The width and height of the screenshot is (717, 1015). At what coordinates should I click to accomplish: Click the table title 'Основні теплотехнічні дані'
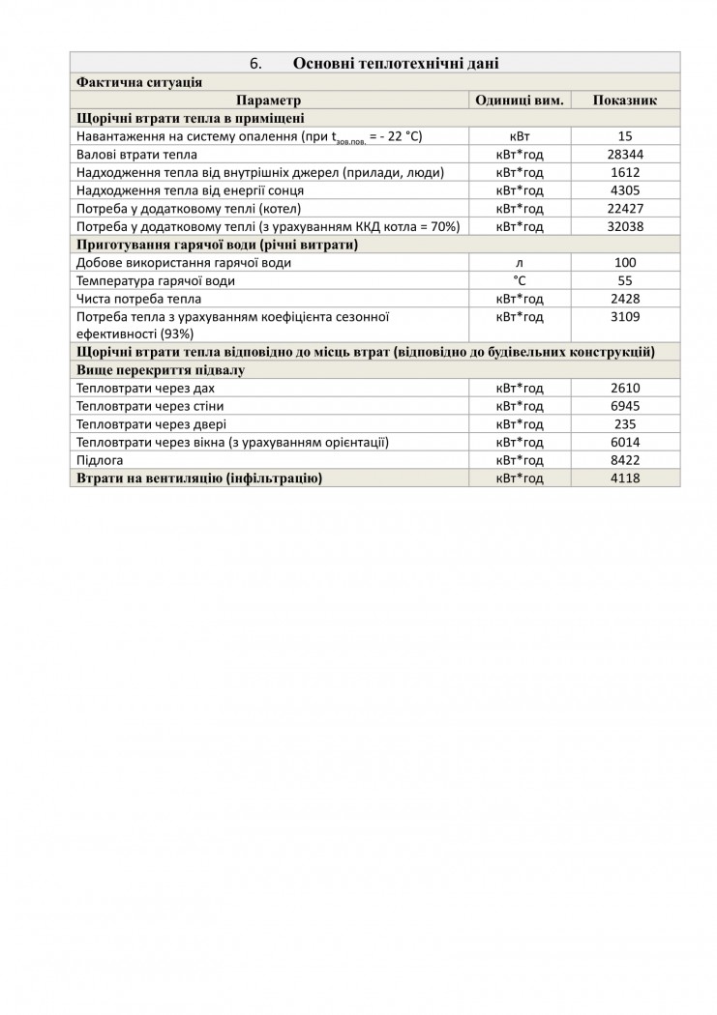click(396, 64)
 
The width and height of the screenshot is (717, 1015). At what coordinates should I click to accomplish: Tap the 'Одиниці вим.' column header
click(520, 101)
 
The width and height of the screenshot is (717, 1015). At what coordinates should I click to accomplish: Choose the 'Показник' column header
click(624, 101)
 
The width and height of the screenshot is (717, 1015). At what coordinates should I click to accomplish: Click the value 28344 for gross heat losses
click(624, 155)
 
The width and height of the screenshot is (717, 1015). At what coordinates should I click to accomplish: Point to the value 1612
click(624, 173)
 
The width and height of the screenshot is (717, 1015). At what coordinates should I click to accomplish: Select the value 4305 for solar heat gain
click(624, 190)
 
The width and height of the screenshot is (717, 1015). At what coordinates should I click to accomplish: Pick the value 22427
click(624, 209)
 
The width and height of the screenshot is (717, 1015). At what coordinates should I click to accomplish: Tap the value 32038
click(624, 226)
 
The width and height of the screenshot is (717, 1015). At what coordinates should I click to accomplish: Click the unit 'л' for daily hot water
click(520, 263)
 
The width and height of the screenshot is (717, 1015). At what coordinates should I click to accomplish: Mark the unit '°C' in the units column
click(520, 281)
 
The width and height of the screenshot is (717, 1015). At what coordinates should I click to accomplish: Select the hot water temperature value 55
click(624, 281)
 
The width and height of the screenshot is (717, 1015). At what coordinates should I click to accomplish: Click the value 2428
click(624, 299)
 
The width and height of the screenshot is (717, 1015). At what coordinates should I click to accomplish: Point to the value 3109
click(624, 317)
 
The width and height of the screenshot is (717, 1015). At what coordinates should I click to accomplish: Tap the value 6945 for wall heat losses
click(624, 406)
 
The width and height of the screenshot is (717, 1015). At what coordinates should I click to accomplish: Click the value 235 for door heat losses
click(624, 424)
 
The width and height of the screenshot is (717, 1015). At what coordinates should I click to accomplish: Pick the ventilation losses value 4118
click(624, 478)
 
